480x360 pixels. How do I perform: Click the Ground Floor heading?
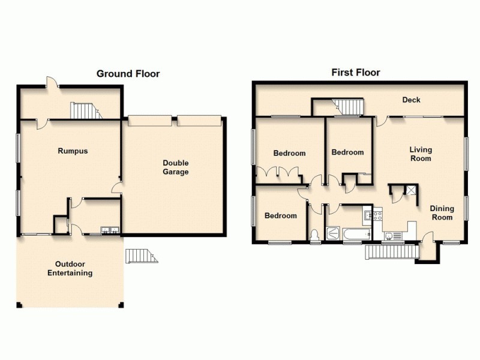(x=128, y=74)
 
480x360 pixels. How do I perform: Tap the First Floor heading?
(x=356, y=73)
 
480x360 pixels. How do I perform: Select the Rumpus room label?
(x=73, y=151)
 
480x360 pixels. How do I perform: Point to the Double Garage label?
(x=175, y=167)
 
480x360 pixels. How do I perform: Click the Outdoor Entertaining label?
(x=70, y=269)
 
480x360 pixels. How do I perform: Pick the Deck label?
(x=410, y=100)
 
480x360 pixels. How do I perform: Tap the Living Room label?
(x=421, y=154)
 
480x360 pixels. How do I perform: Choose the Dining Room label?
(x=441, y=213)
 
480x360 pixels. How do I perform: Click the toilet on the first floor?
(x=315, y=235)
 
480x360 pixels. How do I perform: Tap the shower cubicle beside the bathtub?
(x=331, y=233)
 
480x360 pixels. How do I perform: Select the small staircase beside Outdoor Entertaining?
(x=140, y=256)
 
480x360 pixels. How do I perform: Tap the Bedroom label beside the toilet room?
(x=281, y=216)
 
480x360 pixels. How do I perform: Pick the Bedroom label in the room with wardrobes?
(x=289, y=153)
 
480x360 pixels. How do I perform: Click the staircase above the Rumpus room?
(x=84, y=110)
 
